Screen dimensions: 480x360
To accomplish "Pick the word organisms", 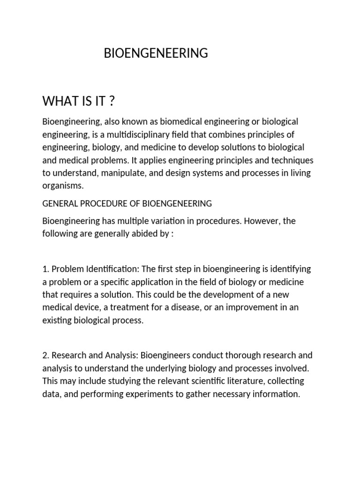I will [x=62, y=186].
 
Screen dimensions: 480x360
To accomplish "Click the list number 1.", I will [x=45, y=269].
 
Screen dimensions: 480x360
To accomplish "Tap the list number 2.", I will [x=45, y=355].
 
